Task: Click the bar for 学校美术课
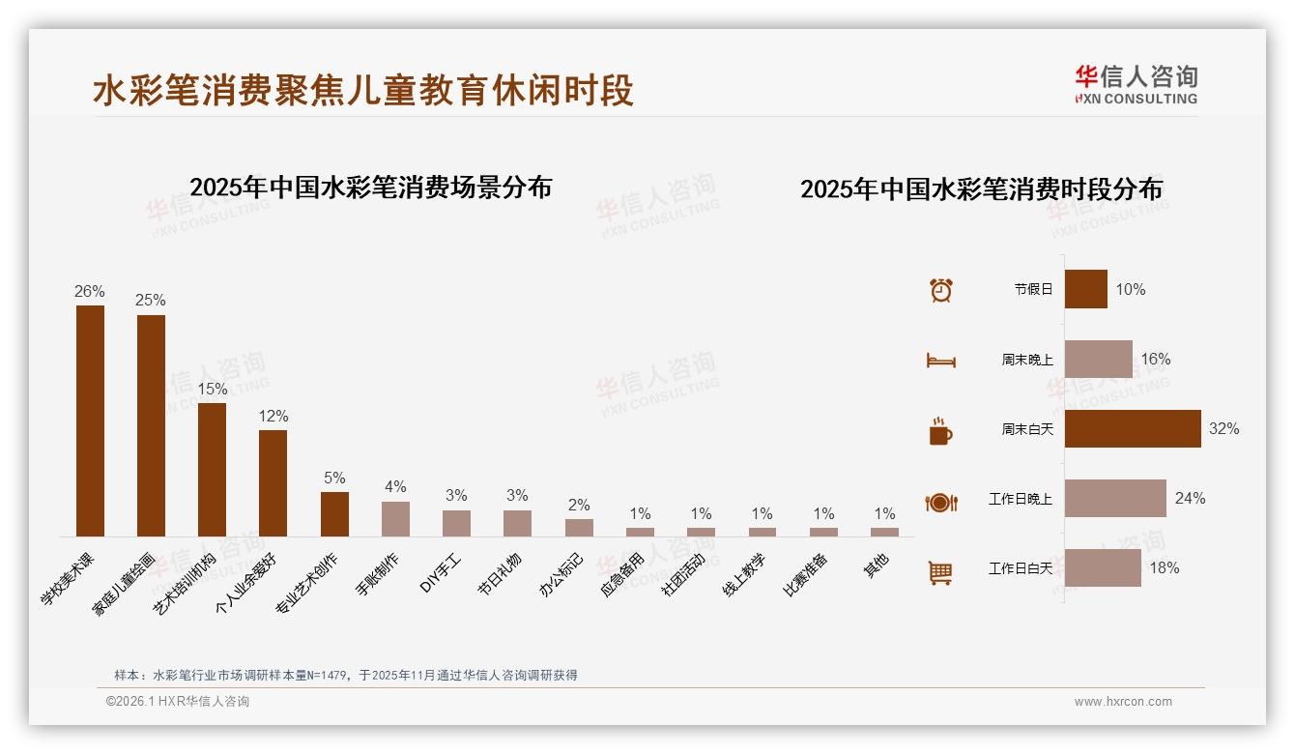(90, 420)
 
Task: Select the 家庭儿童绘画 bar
(151, 425)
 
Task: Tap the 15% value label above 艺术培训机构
(212, 389)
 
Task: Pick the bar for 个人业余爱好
(273, 482)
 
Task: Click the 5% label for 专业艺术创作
(334, 478)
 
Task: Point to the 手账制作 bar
(395, 518)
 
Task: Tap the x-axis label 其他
(876, 565)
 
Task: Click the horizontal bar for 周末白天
(1132, 428)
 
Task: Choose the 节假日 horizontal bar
(1085, 289)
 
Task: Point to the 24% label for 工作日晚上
(1190, 498)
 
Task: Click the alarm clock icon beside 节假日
(940, 289)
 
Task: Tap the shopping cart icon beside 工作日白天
(940, 572)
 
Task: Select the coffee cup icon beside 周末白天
(940, 431)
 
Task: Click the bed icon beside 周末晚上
(940, 361)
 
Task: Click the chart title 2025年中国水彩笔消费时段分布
(981, 188)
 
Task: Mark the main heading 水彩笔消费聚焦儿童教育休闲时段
(363, 91)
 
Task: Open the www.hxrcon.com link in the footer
(1123, 702)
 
